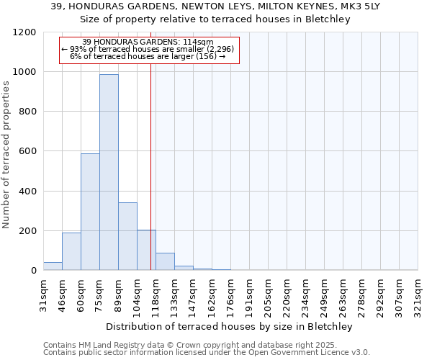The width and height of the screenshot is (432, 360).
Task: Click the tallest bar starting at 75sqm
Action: coord(109,173)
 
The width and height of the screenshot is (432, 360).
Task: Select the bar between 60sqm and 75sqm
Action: coord(90,212)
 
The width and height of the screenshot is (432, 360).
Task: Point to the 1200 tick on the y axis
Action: coord(25,32)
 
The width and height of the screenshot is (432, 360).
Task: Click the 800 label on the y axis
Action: coord(27,112)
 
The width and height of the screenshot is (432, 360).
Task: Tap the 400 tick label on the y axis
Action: coord(27,192)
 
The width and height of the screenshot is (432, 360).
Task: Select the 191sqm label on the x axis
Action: coord(250,293)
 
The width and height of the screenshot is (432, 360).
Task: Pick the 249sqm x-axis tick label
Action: coord(325,293)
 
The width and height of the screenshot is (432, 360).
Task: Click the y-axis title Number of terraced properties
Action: coord(6,155)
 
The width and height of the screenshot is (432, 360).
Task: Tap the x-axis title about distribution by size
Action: coord(230,326)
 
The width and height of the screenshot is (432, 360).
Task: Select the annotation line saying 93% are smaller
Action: coord(148,49)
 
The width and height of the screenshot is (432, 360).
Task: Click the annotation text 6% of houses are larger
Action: coord(148,57)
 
